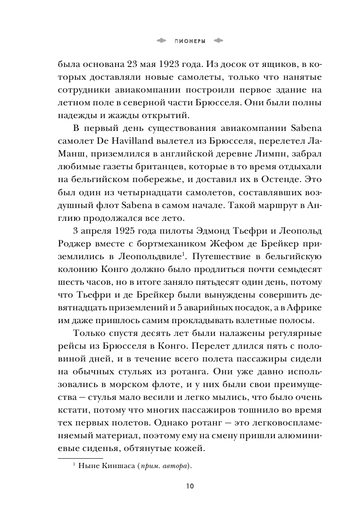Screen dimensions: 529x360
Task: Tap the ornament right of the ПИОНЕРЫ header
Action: [x=218, y=41]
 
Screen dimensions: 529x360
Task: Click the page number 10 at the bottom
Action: [x=190, y=486]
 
